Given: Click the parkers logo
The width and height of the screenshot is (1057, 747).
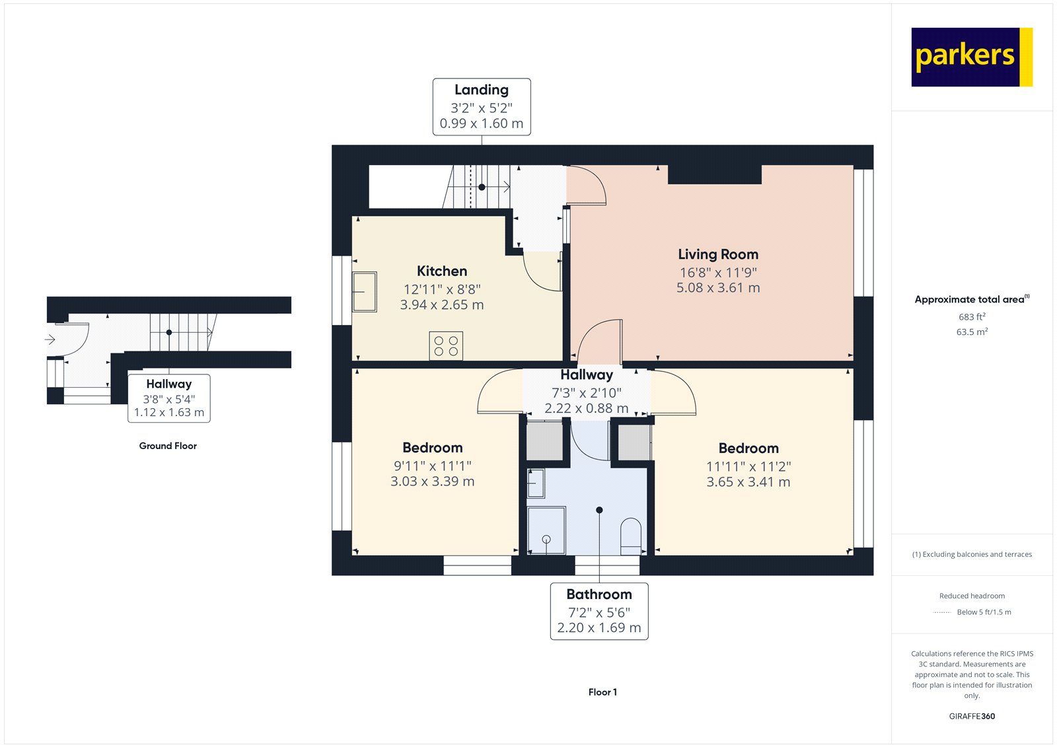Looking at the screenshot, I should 971,57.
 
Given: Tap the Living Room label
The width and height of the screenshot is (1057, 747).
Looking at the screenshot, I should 717,254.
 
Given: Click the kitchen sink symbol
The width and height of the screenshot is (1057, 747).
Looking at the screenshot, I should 364,292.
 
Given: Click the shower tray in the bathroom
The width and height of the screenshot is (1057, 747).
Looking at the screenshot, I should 546,530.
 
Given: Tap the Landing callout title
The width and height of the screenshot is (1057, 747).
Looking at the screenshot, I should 481,90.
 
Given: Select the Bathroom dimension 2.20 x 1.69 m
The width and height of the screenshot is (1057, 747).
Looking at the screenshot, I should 599,628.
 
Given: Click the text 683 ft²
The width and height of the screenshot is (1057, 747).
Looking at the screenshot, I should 972,317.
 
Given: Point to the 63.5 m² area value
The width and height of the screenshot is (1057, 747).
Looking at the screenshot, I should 972,332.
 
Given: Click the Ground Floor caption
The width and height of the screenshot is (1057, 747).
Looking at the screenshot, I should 168,446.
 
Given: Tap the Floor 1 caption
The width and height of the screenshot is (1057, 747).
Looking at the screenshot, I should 602,692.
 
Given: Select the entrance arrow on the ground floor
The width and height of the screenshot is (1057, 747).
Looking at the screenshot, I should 50,339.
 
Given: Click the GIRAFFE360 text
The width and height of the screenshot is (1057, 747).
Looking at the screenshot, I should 972,716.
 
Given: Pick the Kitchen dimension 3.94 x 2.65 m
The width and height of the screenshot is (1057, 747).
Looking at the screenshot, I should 441,305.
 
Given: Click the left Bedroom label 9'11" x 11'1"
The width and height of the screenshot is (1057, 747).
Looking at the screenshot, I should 432,466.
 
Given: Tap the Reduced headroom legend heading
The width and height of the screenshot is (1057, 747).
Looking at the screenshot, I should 972,596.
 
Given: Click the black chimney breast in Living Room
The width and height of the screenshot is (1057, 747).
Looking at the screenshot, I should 714,174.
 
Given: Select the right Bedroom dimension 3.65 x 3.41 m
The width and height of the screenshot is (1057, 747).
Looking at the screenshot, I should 748,482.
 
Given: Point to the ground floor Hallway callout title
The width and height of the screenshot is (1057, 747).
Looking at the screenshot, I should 168,384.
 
